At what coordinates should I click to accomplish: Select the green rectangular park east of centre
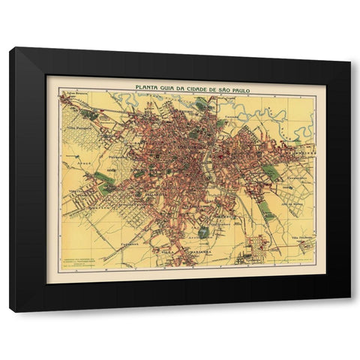pyautogui.click(x=271, y=172)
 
